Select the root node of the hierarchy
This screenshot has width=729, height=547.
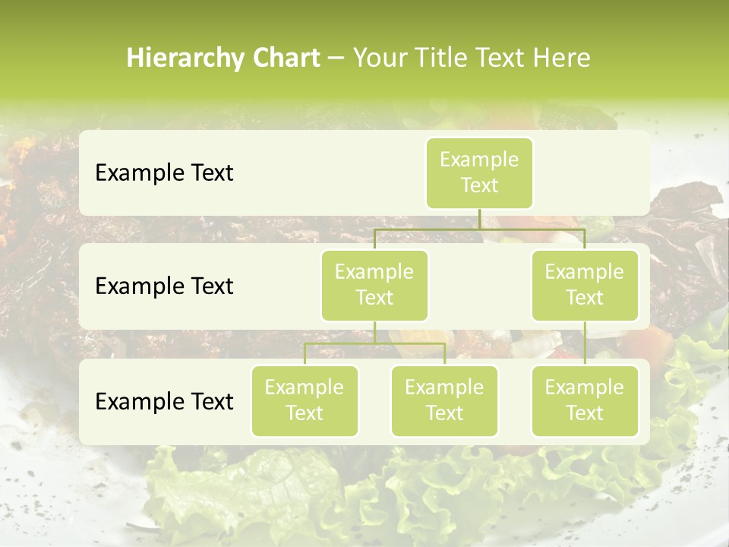click(x=479, y=172)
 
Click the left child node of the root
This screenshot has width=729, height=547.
click(x=374, y=285)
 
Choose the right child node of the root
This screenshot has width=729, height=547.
click(x=585, y=285)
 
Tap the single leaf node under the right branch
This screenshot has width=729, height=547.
click(x=585, y=400)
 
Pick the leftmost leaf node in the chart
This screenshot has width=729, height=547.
click(x=305, y=400)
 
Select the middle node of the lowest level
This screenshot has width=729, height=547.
click(x=444, y=400)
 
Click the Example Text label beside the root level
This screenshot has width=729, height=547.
click(x=164, y=172)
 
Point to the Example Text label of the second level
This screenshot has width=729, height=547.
click(x=164, y=286)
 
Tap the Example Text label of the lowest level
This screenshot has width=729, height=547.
click(x=164, y=401)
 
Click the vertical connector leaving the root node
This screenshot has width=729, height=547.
click(x=479, y=219)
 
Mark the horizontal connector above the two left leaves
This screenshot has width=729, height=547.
click(x=374, y=343)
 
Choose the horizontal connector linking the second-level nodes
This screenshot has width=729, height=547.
click(x=479, y=229)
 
